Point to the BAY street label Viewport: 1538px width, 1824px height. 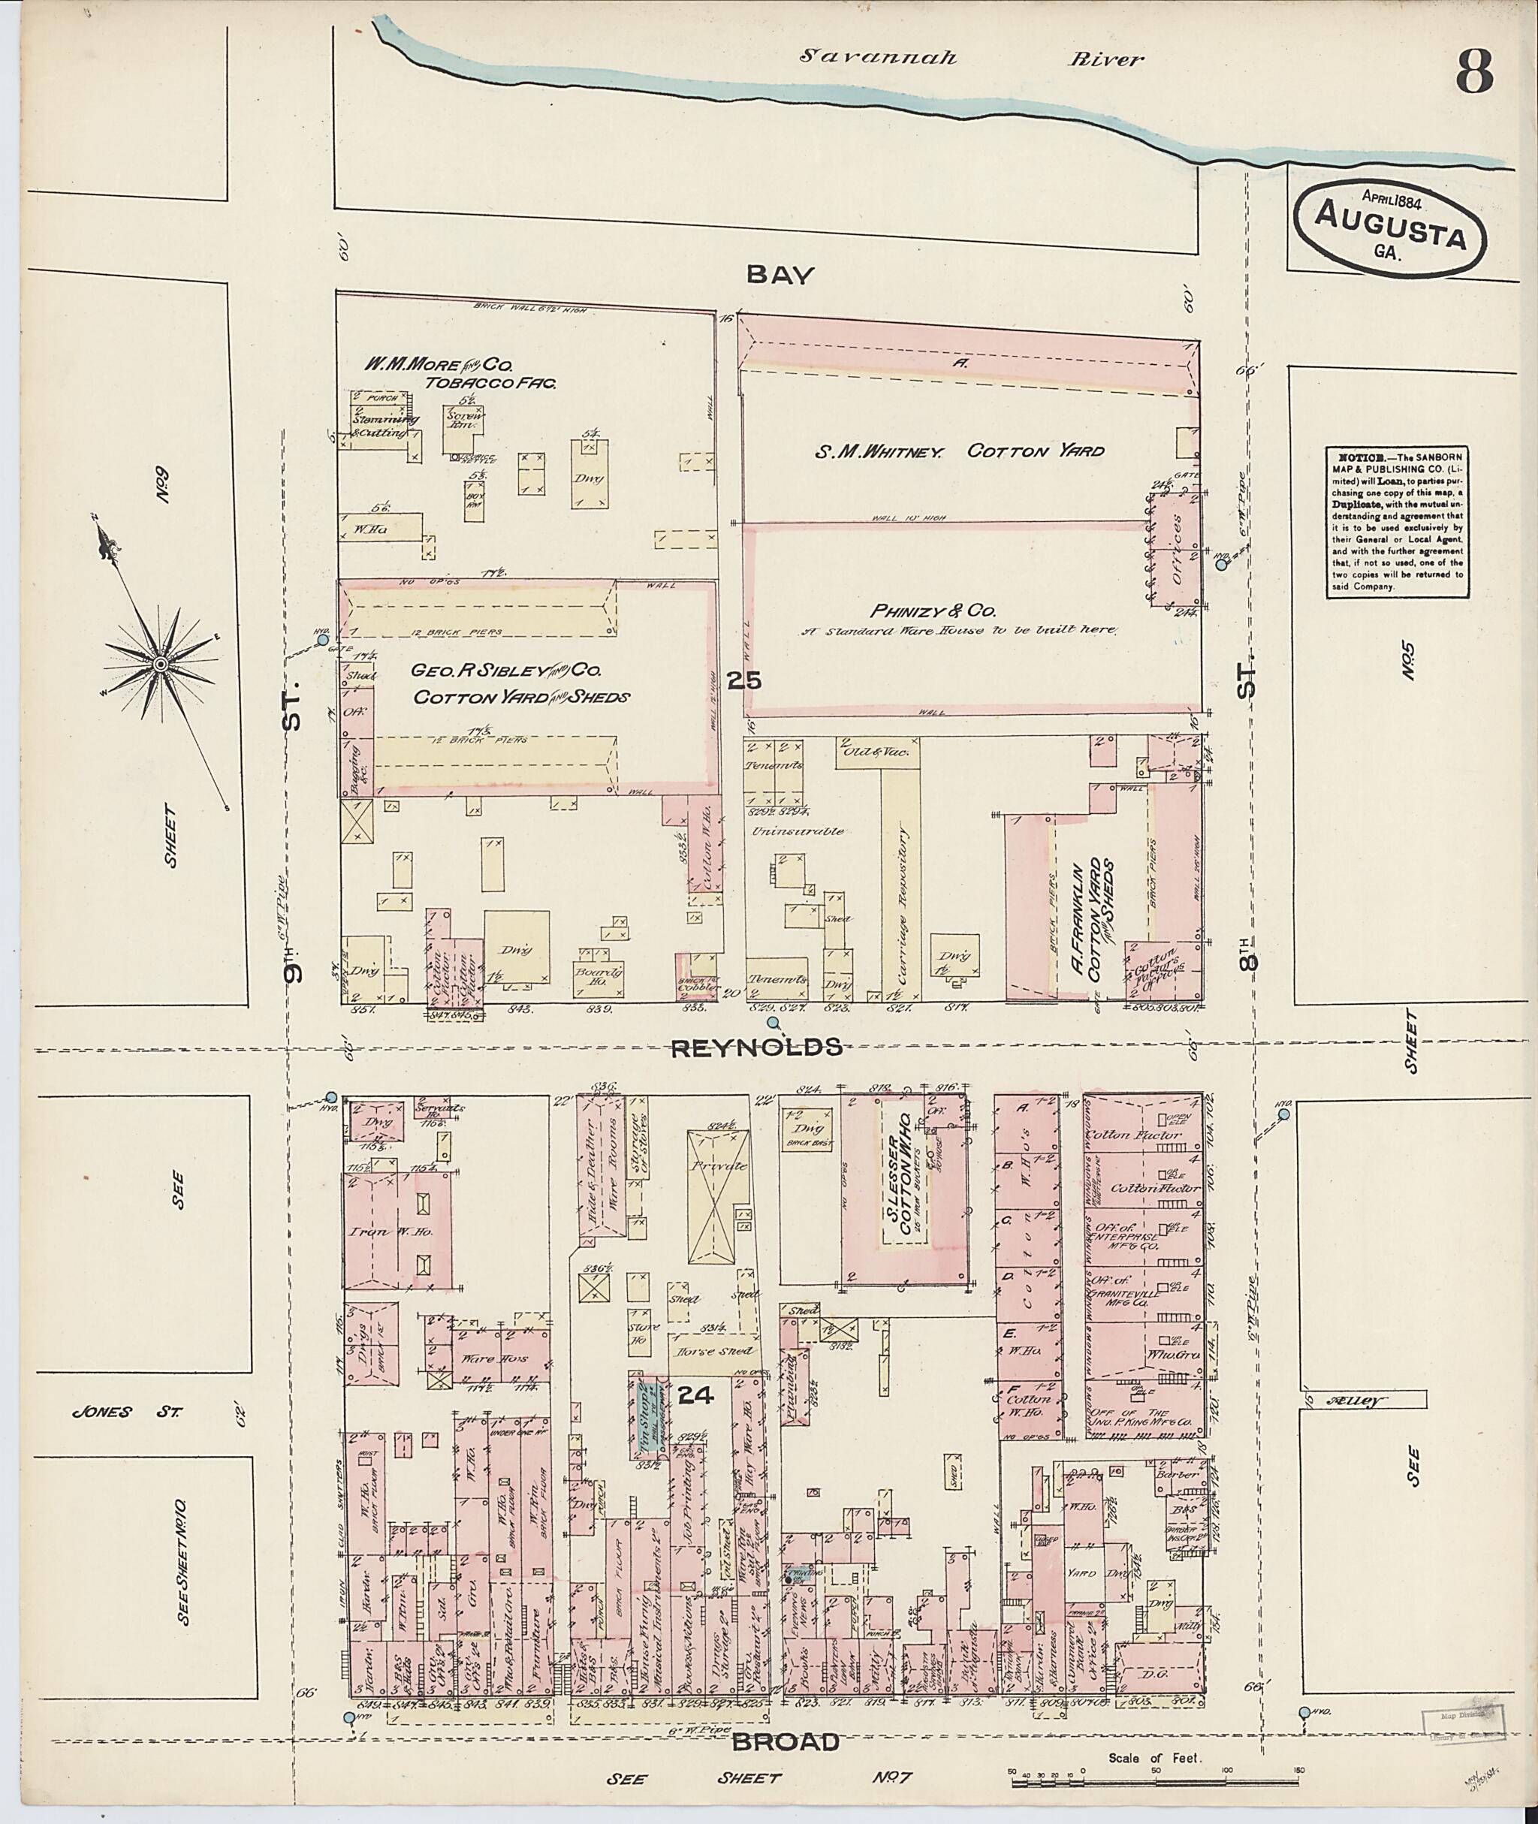point(780,275)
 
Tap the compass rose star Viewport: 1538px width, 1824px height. point(161,665)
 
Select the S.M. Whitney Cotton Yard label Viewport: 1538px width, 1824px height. point(959,451)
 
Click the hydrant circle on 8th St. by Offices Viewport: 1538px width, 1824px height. point(1222,564)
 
